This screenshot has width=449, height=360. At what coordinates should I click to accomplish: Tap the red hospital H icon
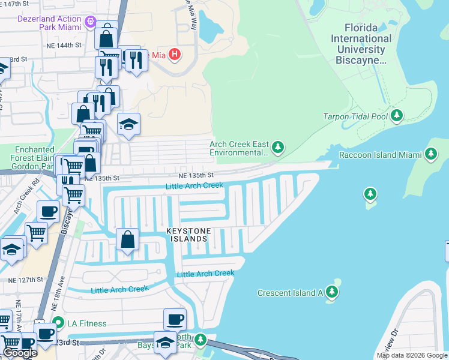click(174, 55)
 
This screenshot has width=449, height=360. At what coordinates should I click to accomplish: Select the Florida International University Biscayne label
click(368, 44)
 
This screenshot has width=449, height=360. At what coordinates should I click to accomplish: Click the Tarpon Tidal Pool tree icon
click(396, 116)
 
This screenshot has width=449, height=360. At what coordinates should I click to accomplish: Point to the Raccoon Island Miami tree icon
click(430, 154)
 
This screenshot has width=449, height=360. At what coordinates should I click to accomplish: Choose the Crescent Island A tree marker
click(332, 292)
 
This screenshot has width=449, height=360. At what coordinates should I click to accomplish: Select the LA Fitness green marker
click(58, 323)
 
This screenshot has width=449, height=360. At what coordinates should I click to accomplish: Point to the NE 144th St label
click(63, 45)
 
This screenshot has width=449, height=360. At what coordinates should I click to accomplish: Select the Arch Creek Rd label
click(28, 193)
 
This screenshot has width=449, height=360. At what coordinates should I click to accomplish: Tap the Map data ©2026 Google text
click(411, 355)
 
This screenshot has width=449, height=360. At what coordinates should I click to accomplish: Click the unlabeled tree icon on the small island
click(370, 194)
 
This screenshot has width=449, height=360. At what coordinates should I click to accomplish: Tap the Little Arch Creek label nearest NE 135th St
click(194, 186)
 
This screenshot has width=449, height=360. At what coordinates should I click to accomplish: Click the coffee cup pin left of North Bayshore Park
click(175, 319)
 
